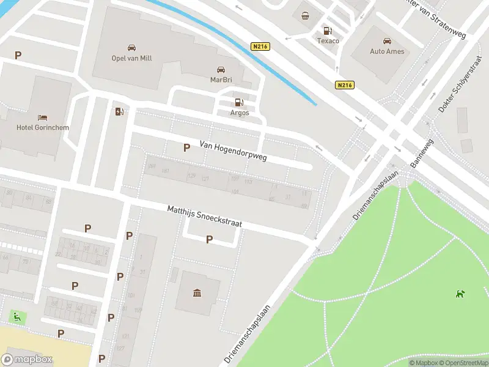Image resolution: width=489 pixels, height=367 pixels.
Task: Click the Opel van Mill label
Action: coord(131,58)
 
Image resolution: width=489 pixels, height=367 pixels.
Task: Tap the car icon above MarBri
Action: coord(221,69)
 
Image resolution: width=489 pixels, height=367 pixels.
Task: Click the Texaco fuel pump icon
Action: coord(328,31)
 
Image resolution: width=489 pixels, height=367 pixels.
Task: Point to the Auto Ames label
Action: coord(387,51)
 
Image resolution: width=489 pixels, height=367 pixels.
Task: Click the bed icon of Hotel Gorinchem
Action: coord(42,117)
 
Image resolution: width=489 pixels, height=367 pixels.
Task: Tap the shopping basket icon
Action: coord(305,16)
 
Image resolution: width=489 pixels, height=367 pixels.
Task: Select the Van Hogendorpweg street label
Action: coord(233,152)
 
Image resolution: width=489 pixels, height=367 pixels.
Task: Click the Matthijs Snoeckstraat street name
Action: coord(205,217)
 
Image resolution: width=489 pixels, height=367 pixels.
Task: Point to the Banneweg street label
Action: coord(421,153)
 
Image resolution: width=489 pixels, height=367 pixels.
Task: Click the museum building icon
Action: coord(197,294)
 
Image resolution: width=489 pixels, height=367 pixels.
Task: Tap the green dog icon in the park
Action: coord(459,294)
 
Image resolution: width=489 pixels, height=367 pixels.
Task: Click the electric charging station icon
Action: coord(119,111)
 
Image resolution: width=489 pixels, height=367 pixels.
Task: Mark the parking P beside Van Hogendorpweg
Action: coord(186,147)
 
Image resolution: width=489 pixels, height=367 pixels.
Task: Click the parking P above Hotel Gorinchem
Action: coord(18,55)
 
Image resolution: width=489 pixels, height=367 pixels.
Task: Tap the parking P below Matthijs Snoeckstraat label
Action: coord(209,240)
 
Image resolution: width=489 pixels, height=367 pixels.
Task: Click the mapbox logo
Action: coord(27,360)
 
